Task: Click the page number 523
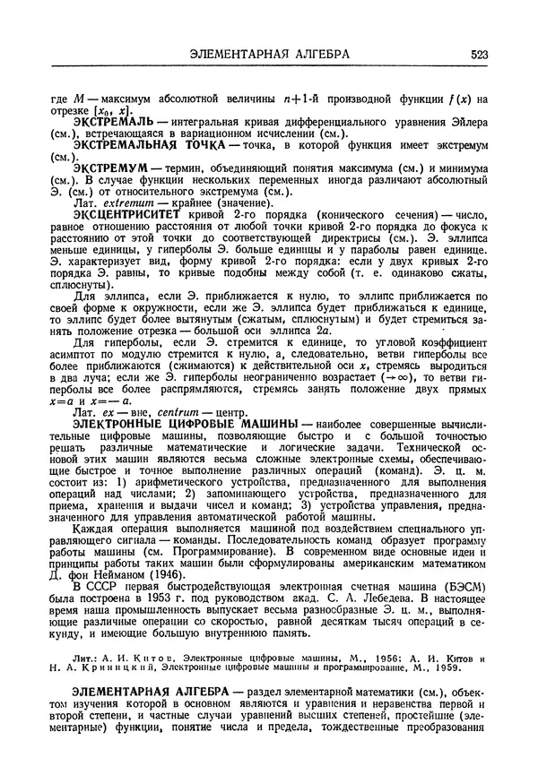[x=477, y=55]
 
